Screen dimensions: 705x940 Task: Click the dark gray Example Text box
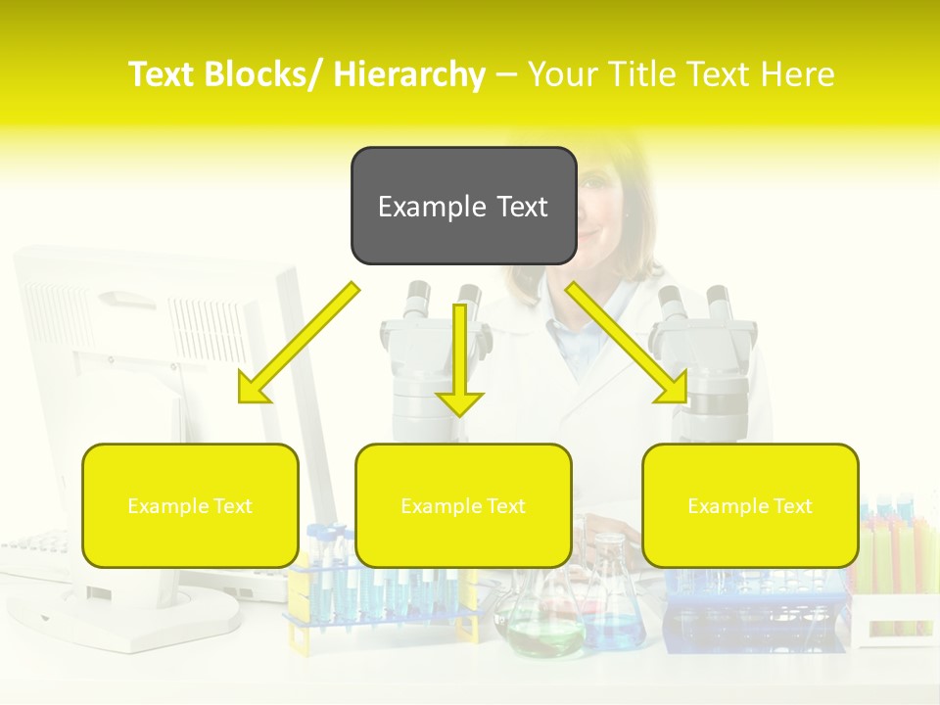463,206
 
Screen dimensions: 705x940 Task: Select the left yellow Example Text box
190,505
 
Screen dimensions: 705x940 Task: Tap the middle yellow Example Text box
463,505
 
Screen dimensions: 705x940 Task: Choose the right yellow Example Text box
750,505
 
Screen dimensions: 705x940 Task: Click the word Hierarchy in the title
409,74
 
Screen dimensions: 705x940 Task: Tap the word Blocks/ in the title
266,74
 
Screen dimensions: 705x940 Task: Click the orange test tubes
896,568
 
